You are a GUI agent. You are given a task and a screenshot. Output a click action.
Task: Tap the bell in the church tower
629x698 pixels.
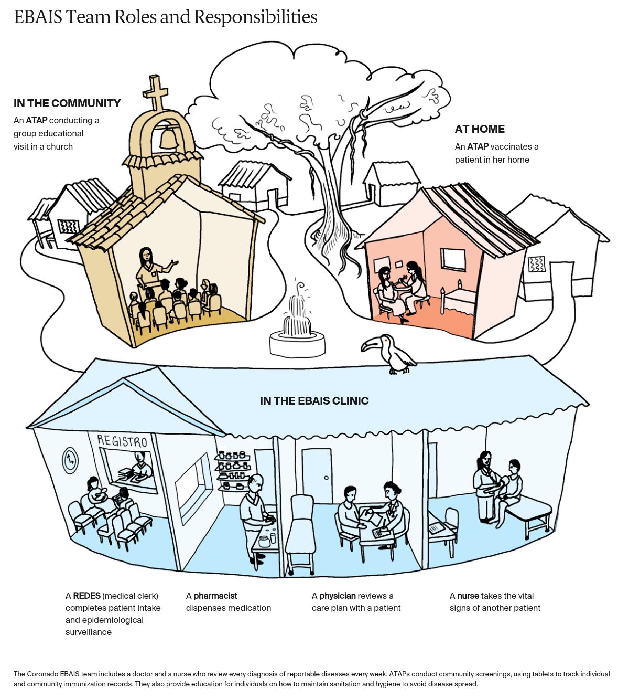(x=168, y=138)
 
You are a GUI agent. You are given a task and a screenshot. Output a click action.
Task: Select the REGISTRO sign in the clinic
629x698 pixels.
(x=124, y=440)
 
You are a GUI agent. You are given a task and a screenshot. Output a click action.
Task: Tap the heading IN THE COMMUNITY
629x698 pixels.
(x=67, y=103)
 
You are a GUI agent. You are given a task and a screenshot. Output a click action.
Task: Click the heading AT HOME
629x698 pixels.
(x=480, y=129)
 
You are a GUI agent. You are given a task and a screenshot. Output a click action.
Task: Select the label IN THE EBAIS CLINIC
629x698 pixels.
(x=314, y=401)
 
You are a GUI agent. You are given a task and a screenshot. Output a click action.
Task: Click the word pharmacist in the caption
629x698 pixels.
(x=215, y=596)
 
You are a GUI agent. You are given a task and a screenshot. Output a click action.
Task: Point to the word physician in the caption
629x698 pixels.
(x=338, y=596)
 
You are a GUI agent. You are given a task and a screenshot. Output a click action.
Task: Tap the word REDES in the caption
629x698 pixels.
(x=86, y=596)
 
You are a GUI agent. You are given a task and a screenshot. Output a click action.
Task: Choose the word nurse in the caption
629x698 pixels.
(x=468, y=596)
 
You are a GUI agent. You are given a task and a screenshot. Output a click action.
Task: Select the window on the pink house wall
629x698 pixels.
(x=453, y=259)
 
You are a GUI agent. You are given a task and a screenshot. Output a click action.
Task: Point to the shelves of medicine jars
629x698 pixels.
(x=233, y=469)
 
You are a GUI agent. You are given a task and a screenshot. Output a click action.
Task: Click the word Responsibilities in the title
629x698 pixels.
(x=256, y=17)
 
